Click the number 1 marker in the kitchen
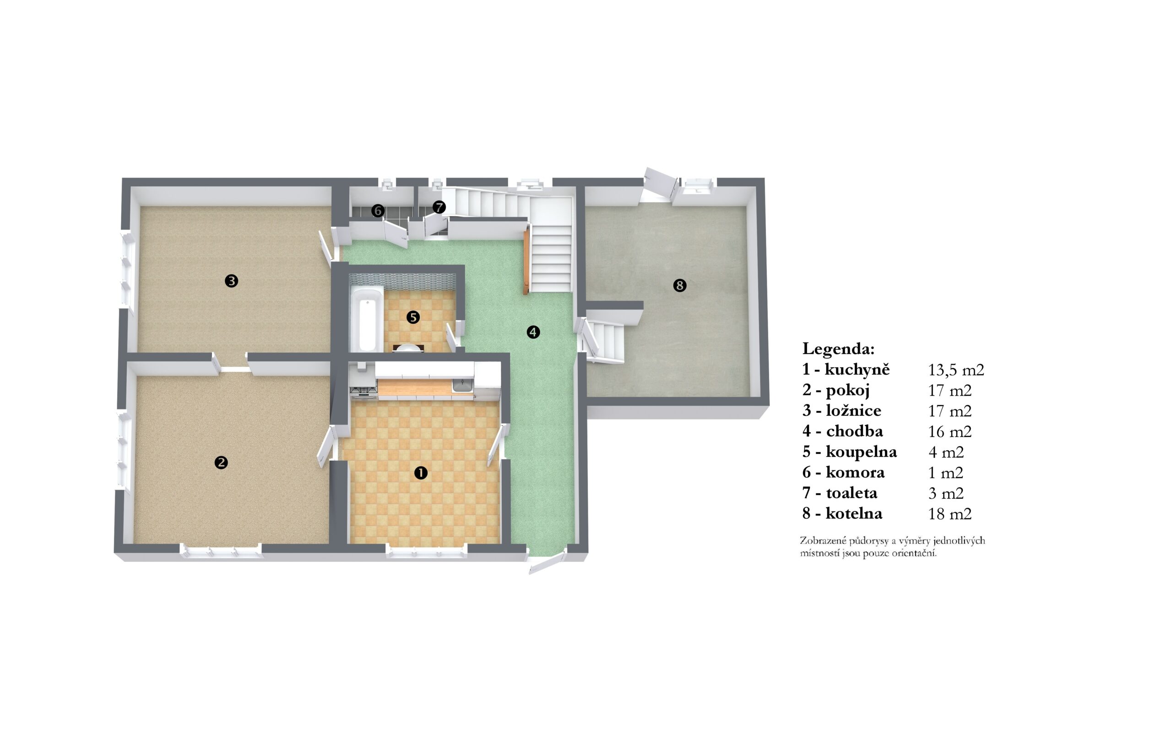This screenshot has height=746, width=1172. click(x=421, y=473)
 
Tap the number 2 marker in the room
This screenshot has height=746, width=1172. click(x=221, y=462)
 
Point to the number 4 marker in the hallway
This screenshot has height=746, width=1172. click(x=533, y=332)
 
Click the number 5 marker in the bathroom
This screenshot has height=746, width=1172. click(x=413, y=317)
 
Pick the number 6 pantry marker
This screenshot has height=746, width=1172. click(x=378, y=211)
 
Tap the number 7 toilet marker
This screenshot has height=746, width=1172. click(x=439, y=207)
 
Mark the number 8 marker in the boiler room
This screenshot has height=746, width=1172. click(x=679, y=285)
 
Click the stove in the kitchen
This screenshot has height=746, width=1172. click(x=363, y=389)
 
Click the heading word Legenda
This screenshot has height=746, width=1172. click(x=838, y=348)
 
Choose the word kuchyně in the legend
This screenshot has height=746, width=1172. click(x=857, y=370)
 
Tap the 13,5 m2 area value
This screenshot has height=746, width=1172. click(x=956, y=370)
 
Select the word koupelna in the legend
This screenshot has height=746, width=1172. click(x=862, y=452)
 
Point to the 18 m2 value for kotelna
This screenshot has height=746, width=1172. click(x=950, y=514)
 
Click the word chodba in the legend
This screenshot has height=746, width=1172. click(x=855, y=431)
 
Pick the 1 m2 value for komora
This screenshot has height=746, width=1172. click(x=946, y=473)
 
